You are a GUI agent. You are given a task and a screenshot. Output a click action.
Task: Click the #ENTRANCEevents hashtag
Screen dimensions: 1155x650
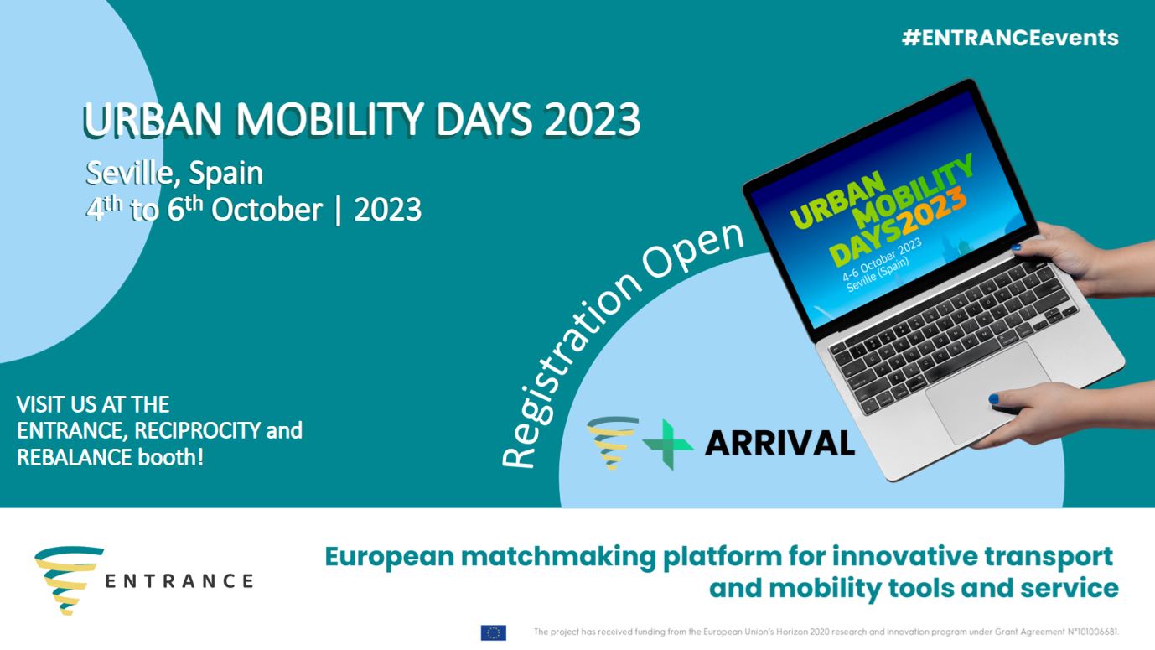point(1010,38)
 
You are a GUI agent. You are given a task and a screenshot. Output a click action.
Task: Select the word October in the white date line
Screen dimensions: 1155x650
point(267,210)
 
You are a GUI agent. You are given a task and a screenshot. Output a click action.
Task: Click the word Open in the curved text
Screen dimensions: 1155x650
point(692,250)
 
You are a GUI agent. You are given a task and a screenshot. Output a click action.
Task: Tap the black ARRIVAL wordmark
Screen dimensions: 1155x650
point(779,443)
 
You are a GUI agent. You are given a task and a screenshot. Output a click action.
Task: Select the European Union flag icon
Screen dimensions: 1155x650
point(494,632)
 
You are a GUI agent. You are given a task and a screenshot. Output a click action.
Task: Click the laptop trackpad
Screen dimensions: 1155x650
point(987,392)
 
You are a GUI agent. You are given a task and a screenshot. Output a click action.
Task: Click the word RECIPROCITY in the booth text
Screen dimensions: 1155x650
point(197,431)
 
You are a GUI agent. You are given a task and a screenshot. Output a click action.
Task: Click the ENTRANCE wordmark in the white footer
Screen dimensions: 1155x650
point(179,581)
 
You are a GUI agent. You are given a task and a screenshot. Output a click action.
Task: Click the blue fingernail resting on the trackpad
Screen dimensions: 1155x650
point(993,398)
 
